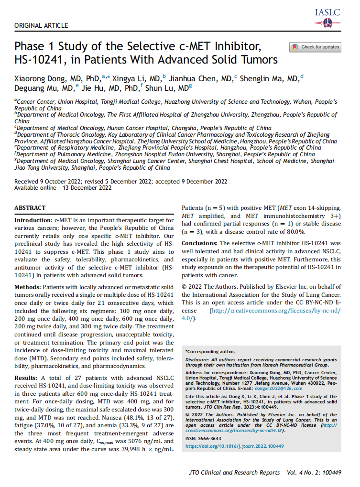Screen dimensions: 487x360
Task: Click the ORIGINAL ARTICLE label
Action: (41, 25)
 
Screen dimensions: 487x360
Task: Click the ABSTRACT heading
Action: (30, 208)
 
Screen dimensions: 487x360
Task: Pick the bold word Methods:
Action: (28, 287)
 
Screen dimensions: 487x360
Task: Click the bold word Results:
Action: (26, 378)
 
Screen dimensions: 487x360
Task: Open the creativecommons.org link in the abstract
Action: (275, 311)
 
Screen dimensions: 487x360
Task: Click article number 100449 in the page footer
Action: (330, 473)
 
